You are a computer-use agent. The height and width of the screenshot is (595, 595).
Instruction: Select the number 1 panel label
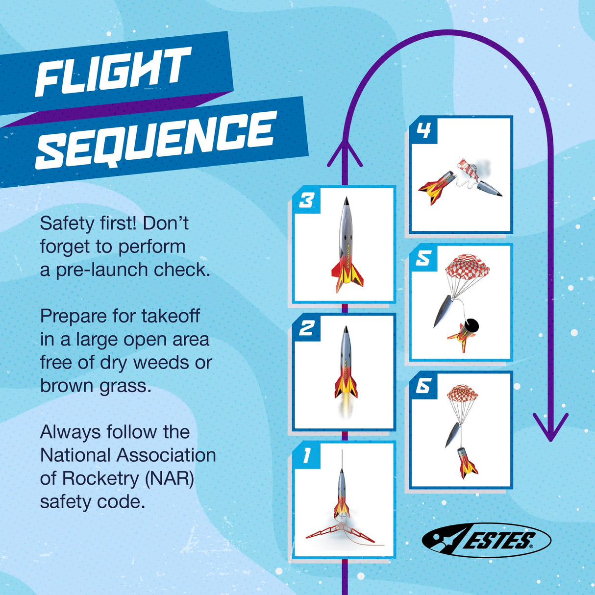[307, 455]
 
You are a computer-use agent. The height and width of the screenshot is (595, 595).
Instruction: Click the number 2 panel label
[307, 328]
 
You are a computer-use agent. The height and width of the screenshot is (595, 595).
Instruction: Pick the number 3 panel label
[307, 200]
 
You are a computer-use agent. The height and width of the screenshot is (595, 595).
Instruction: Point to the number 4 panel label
[423, 130]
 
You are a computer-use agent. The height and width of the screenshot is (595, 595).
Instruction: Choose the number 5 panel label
[423, 258]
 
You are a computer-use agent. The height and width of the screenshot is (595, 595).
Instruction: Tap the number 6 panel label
[423, 386]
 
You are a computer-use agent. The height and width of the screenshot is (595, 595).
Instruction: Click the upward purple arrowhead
[345, 153]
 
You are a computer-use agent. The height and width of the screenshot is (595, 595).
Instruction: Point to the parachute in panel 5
[467, 269]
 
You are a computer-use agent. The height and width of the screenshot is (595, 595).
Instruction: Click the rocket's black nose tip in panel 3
[347, 201]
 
